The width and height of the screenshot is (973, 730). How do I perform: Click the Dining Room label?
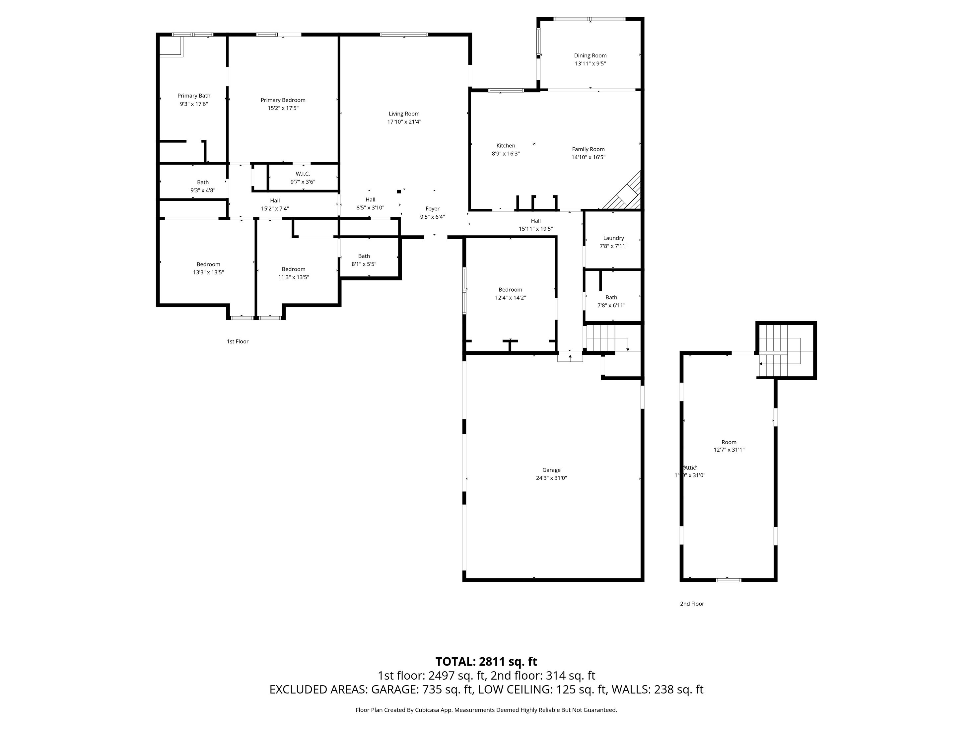click(x=590, y=55)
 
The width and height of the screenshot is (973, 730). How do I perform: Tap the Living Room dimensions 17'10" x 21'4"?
click(x=404, y=122)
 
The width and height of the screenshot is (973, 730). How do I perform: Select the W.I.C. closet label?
click(x=303, y=174)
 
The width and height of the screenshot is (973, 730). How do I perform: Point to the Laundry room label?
click(x=613, y=238)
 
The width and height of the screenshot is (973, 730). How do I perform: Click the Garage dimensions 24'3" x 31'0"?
click(x=551, y=478)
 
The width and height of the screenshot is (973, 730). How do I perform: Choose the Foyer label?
click(x=432, y=209)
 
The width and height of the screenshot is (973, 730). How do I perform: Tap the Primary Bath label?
click(x=193, y=96)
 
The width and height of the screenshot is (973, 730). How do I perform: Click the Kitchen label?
click(x=506, y=146)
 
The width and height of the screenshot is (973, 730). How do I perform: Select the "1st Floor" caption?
click(x=238, y=341)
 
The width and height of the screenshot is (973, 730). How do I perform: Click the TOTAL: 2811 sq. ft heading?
click(x=486, y=662)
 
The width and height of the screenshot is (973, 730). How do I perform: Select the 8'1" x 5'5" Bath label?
click(x=364, y=256)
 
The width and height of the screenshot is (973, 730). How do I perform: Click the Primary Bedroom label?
click(x=283, y=100)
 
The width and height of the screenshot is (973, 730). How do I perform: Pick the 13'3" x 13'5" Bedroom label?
click(x=208, y=264)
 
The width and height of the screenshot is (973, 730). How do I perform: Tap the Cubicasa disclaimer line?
click(x=486, y=710)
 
